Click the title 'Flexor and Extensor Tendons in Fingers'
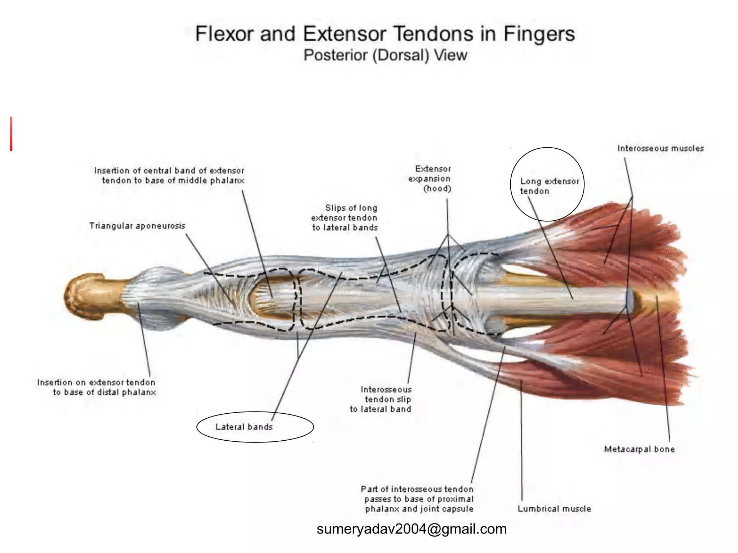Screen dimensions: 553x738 pos(384,34)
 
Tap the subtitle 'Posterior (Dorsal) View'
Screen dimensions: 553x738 pos(385,55)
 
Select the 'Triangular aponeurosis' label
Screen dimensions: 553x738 pos(137,226)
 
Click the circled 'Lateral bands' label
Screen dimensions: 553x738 pos(244,427)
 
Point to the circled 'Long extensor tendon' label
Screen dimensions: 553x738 pos(549,186)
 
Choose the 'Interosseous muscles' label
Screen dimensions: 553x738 pos(661,148)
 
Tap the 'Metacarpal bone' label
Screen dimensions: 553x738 pos(639,449)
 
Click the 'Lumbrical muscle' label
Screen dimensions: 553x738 pos(554,509)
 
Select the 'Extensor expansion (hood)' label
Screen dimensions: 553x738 pos(430,179)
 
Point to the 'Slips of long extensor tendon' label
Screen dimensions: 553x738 pos(345,218)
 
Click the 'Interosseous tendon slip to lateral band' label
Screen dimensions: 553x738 pos(381,399)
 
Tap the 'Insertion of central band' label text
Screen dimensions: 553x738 pos(169,175)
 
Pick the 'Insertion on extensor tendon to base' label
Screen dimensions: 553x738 pos(97,387)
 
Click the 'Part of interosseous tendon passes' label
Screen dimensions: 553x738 pos(417,499)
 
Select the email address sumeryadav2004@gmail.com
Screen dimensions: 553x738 pos(412,529)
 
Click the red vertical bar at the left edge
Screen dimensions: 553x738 pos(11,134)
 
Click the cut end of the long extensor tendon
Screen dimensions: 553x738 pos(629,300)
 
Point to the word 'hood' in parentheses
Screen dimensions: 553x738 pos(437,189)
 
